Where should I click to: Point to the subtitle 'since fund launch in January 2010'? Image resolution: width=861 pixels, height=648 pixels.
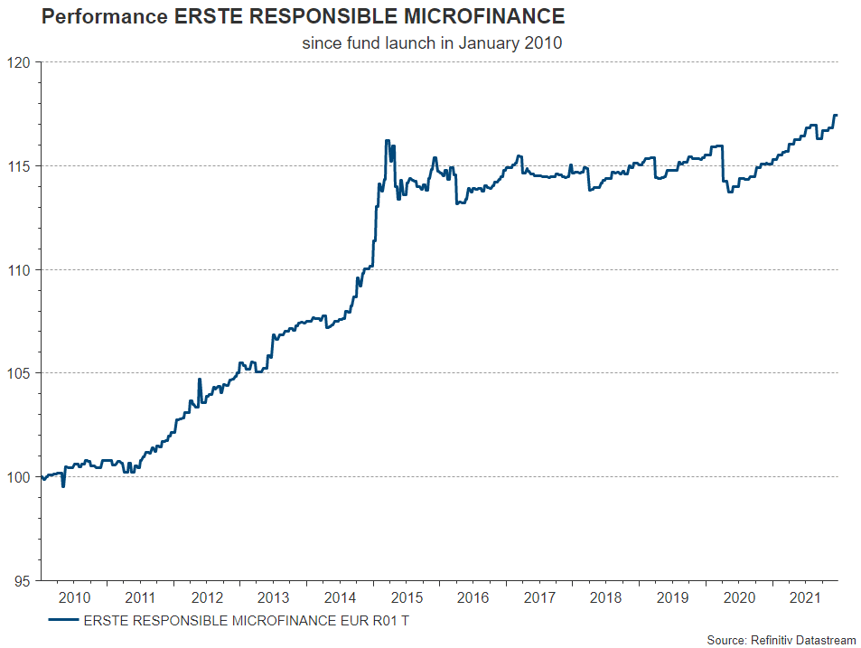(x=432, y=43)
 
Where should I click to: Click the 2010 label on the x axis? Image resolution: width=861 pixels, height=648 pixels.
(x=73, y=597)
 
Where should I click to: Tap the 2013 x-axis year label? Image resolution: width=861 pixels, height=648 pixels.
(x=273, y=597)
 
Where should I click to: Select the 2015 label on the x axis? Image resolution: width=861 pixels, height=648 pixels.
(x=407, y=597)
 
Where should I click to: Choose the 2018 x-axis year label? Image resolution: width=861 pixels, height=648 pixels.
(x=605, y=597)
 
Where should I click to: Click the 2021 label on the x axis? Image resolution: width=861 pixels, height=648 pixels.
(x=805, y=597)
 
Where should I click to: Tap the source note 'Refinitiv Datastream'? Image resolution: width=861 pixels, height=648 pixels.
(x=800, y=640)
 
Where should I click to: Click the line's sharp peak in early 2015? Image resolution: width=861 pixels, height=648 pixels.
(x=388, y=141)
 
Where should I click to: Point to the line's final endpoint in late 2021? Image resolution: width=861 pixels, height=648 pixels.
(x=837, y=115)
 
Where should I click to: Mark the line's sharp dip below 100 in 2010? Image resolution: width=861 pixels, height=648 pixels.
(x=62, y=486)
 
